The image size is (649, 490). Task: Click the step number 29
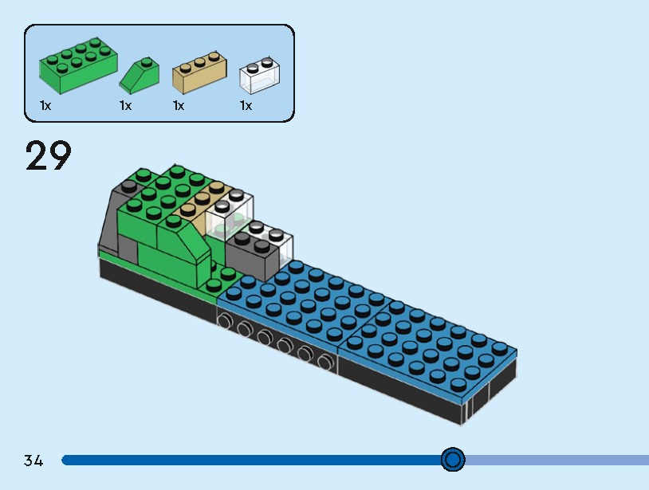(48, 155)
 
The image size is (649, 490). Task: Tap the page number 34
(33, 461)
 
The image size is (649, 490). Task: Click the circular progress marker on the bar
(453, 460)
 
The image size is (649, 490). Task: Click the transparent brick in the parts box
(260, 75)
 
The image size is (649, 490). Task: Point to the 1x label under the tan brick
(179, 105)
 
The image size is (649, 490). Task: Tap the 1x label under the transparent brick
(246, 105)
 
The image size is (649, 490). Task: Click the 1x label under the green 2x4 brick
(45, 105)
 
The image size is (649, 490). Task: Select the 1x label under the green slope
(125, 105)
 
